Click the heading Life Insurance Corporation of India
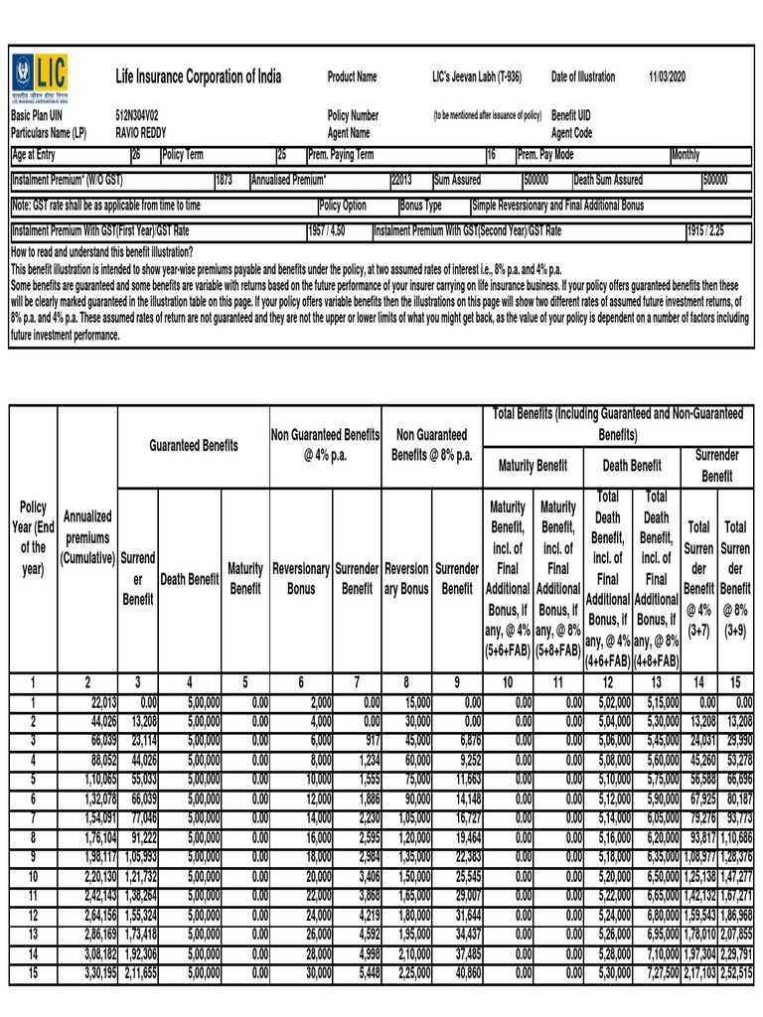pos(199,76)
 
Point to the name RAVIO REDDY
pos(141,132)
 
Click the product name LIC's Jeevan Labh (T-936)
pos(477,76)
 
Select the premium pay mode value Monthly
pos(686,155)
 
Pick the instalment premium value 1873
pos(224,180)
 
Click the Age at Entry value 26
pos(137,155)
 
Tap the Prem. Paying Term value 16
pos(491,155)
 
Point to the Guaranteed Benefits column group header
pos(194,446)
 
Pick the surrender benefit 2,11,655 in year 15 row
pos(138,974)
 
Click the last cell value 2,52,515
pos(736,974)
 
